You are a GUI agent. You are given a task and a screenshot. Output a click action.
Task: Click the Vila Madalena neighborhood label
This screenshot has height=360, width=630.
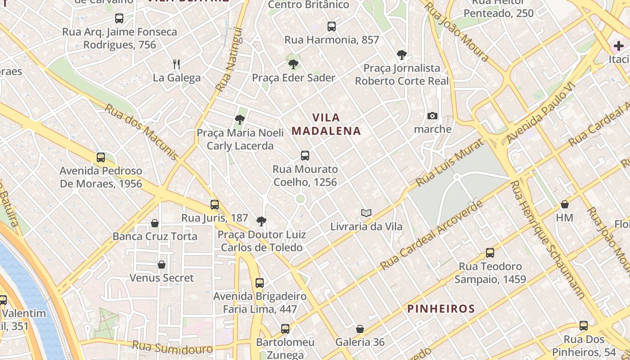[326, 124]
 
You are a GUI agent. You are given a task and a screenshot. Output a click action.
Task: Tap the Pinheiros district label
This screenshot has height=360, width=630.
[441, 309]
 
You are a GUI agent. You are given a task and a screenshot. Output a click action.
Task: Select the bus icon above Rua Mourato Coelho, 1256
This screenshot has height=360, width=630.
[305, 156]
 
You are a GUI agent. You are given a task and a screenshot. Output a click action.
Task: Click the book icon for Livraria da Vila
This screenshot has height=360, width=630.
[366, 213]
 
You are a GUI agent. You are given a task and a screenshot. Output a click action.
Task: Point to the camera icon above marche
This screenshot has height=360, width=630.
[432, 116]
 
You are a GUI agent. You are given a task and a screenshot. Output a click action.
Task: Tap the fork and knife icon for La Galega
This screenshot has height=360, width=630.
[176, 64]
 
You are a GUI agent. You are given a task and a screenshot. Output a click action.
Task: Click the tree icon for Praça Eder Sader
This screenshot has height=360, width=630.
[293, 64]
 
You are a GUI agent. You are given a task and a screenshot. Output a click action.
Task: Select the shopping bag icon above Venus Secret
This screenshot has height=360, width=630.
[162, 265]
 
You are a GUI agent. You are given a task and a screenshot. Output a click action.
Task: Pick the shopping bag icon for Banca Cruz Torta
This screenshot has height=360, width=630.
[155, 223]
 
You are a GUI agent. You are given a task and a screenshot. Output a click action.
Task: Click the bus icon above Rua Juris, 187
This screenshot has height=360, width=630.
[215, 205]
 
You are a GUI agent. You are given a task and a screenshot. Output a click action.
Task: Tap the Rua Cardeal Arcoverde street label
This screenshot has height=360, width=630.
[432, 236]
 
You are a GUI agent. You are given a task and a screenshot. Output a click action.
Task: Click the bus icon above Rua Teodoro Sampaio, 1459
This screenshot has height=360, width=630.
[490, 253]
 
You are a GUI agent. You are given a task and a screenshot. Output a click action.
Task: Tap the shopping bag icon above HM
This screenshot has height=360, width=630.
[565, 205]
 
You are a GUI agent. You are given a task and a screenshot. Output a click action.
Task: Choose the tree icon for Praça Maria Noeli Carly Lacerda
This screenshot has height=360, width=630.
[240, 120]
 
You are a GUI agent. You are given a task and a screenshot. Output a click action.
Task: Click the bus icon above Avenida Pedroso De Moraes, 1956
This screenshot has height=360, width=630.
[101, 157]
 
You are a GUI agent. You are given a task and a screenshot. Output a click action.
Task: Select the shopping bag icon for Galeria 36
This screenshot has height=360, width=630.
[360, 329]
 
